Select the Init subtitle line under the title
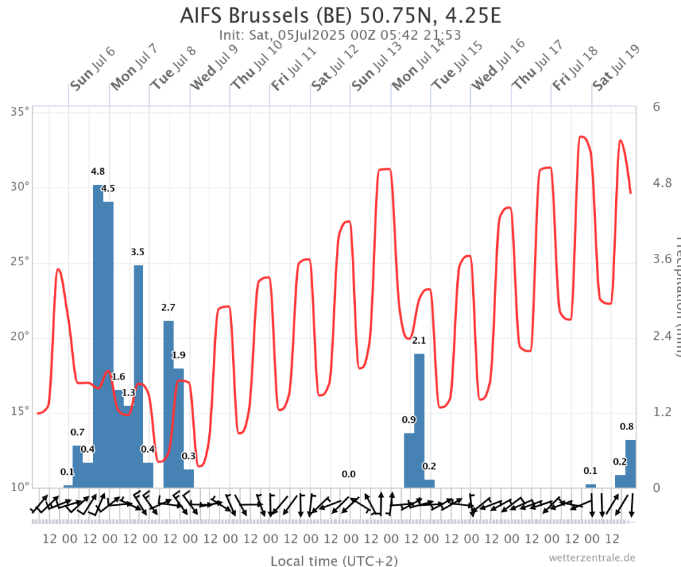(x=340, y=35)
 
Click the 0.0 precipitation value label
(x=348, y=474)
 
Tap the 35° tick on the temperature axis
(x=21, y=111)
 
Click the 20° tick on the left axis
(x=21, y=337)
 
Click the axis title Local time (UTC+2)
(x=334, y=561)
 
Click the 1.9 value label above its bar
(x=178, y=354)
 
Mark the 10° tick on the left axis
(x=21, y=487)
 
